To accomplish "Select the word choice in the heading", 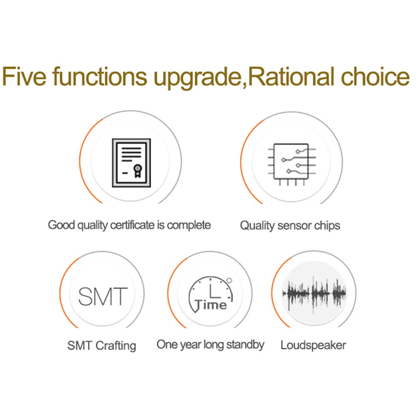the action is pos(375,76).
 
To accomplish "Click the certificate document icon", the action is pos(131,163).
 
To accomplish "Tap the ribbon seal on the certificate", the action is pos(138,171).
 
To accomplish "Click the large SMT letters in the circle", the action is pos(103,296).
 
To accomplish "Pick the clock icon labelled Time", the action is pos(210,294).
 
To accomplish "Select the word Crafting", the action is pos(116,346).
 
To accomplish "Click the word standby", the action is pos(245,345).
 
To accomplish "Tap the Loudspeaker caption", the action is pos(313,345).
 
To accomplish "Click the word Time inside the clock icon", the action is pos(211,305).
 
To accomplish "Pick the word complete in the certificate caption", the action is pos(189,226).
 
